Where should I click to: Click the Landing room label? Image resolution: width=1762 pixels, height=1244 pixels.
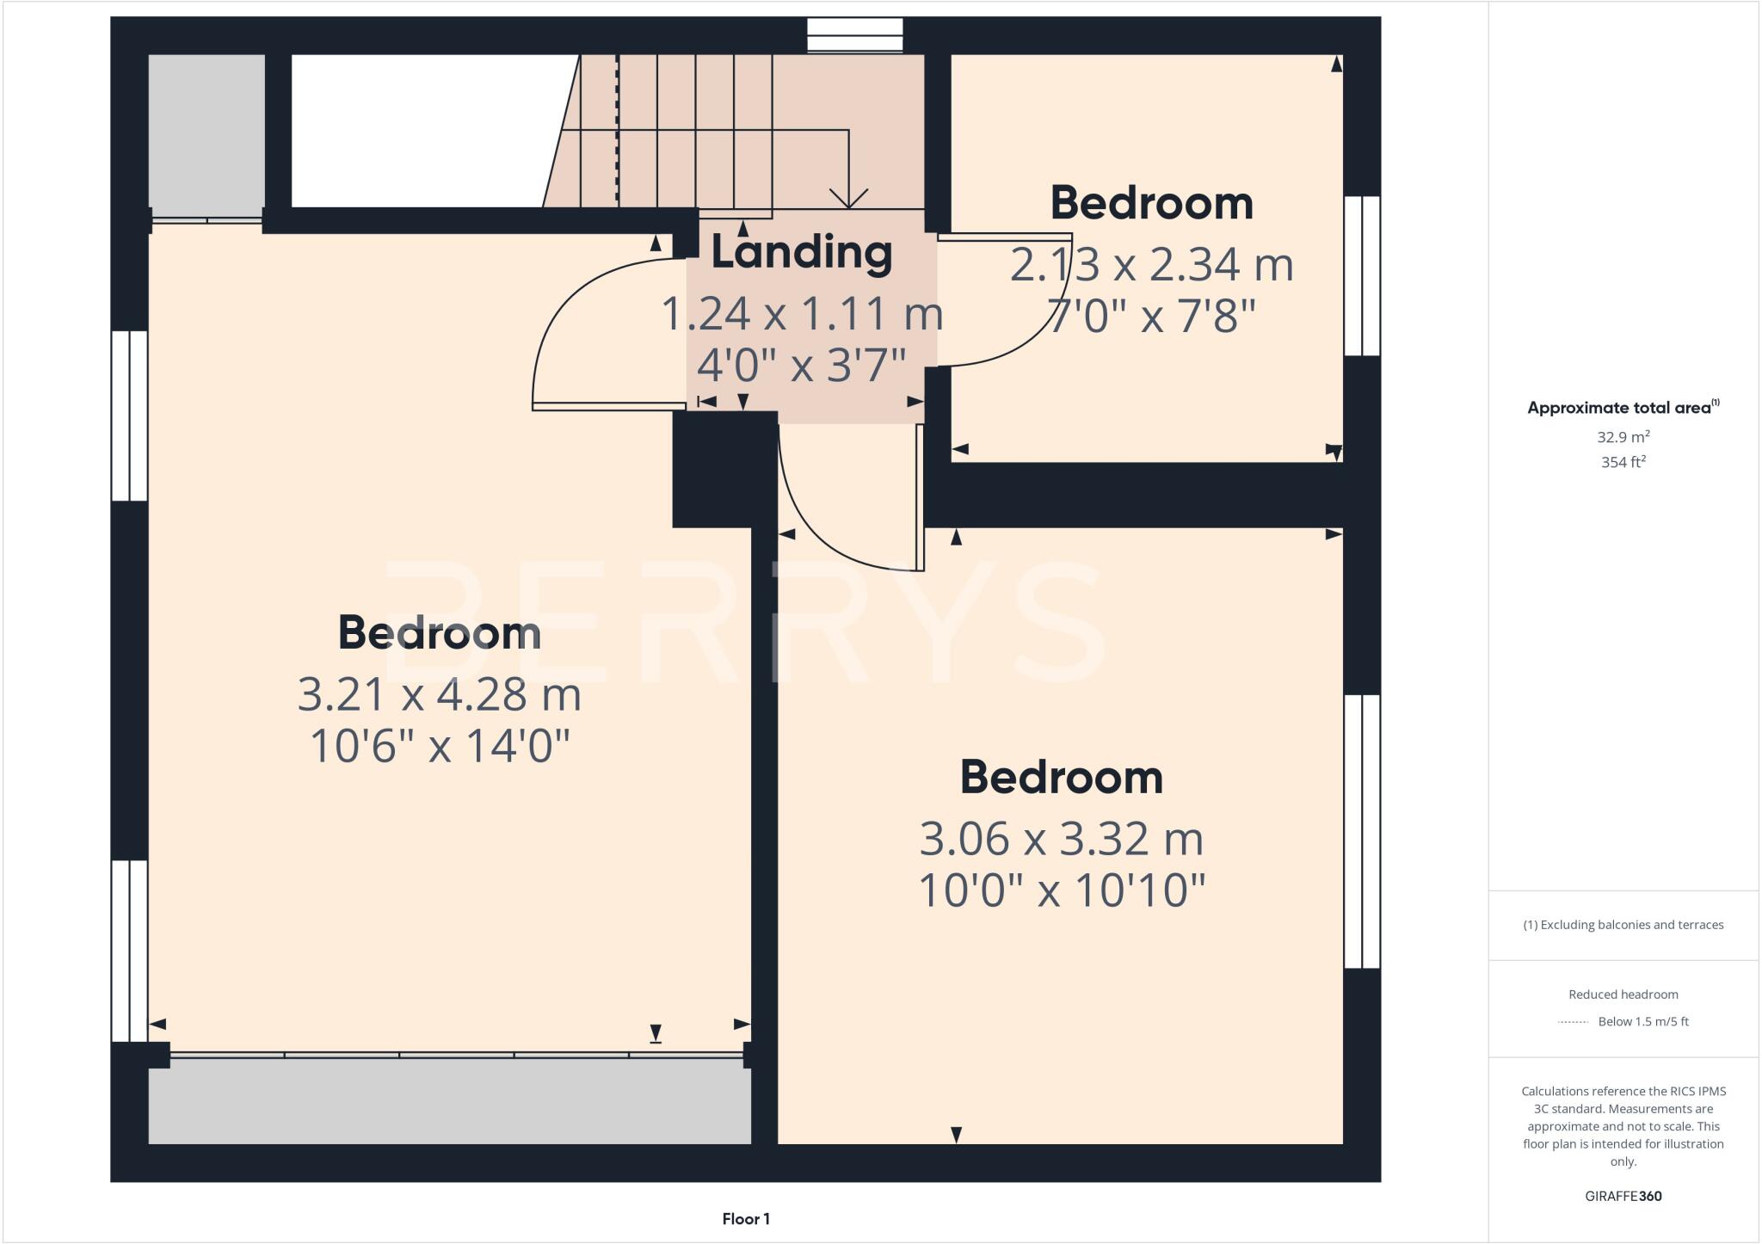pos(801,253)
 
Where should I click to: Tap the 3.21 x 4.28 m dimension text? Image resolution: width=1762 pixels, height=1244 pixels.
pos(439,695)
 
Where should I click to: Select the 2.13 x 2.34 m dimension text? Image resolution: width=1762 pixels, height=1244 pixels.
pos(1151,265)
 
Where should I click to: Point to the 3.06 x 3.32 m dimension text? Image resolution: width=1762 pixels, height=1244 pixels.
pos(1061,840)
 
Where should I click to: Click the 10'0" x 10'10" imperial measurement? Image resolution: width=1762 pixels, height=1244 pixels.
pos(1061,891)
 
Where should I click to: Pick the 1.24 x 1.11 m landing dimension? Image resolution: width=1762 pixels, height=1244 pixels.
pos(801,314)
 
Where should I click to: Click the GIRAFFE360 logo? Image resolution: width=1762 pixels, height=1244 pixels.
pos(1623,1196)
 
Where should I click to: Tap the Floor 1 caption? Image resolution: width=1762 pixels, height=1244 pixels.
pos(746,1219)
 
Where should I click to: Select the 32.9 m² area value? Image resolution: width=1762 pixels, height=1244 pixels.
pos(1623,437)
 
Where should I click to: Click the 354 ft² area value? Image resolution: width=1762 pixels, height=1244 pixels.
pos(1623,463)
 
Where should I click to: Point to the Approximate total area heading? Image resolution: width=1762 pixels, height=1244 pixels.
pos(1623,408)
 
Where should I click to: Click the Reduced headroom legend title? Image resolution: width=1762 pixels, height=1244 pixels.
pos(1623,995)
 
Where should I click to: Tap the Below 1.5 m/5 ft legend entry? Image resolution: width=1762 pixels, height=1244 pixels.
pos(1642,1022)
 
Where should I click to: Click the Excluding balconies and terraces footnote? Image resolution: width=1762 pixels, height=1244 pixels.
pos(1623,925)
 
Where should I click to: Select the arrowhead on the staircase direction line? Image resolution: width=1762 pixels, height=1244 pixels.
pos(848,200)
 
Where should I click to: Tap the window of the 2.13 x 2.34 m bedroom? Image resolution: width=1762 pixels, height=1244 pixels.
pos(1362,275)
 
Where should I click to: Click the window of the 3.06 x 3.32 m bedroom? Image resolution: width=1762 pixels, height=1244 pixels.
pos(1362,831)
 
